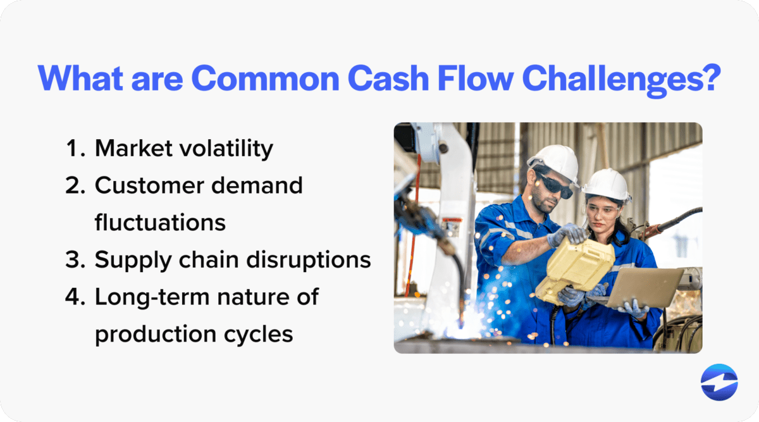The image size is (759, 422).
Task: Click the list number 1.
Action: point(76,149)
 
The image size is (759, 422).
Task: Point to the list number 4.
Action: point(76,297)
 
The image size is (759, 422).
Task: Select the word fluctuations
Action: point(160,223)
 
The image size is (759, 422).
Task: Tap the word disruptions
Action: point(305,260)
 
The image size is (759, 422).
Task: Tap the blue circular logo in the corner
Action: point(719,382)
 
